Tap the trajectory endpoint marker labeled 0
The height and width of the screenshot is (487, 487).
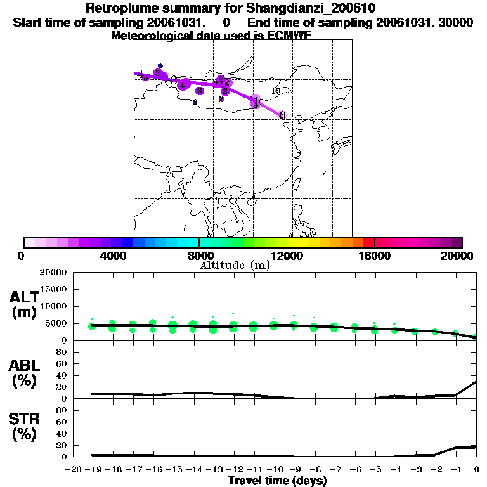coord(282,115)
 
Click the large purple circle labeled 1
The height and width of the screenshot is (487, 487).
coord(255,100)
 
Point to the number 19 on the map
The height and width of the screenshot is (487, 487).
coord(275,91)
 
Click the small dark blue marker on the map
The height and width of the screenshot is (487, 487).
coord(160,65)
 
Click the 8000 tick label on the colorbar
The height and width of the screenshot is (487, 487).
coord(199,255)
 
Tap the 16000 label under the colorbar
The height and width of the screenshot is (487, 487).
coord(375,255)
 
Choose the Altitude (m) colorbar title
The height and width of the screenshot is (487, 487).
coord(235,265)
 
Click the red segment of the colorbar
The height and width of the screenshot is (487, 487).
coord(368,242)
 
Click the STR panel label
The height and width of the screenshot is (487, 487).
coord(24,427)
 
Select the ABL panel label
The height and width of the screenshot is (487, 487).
coord(24,373)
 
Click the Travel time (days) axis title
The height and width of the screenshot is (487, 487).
coord(277,481)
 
